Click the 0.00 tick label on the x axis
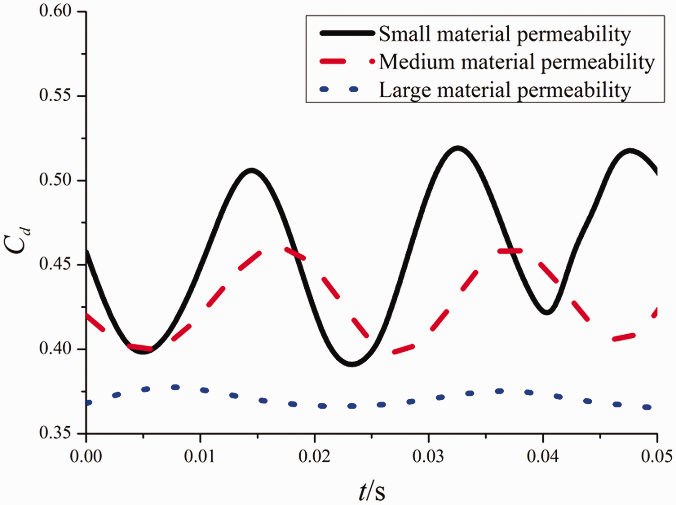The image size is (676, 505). (86, 457)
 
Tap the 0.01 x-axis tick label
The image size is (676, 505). (200, 457)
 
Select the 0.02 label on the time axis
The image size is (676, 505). (314, 457)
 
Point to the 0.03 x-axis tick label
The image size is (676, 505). (428, 457)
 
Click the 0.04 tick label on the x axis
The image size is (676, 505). (543, 457)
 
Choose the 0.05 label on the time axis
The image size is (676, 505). (656, 457)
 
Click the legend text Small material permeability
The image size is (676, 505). (505, 34)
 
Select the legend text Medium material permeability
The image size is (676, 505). (516, 62)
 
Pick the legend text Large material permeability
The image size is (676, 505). (505, 90)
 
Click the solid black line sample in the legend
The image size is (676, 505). (347, 33)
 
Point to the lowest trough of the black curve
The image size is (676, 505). (352, 364)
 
